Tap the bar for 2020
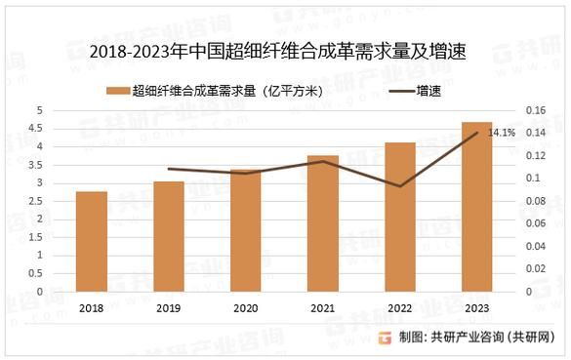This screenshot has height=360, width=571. (x=246, y=230)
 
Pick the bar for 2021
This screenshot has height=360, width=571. (x=323, y=223)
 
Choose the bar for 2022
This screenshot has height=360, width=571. (x=400, y=217)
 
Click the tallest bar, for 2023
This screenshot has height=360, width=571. (x=476, y=207)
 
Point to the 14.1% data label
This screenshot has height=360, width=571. (x=502, y=133)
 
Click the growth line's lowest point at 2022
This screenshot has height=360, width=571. (x=400, y=185)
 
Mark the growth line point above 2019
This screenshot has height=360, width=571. (x=169, y=169)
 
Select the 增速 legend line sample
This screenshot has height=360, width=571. (x=400, y=92)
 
